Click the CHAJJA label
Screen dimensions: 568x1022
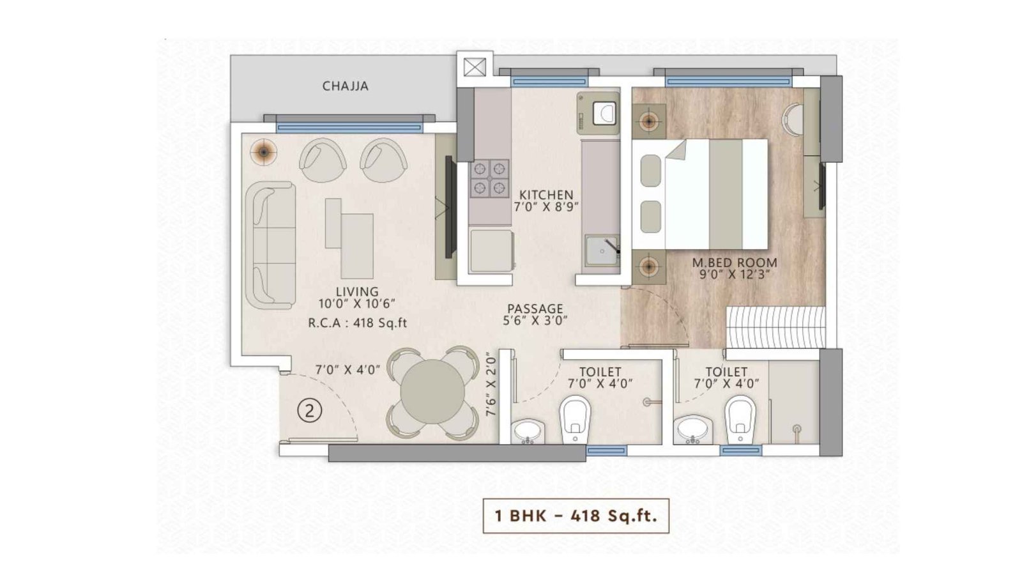click(345, 86)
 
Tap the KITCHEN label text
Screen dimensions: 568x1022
click(545, 194)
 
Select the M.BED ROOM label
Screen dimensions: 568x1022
click(735, 262)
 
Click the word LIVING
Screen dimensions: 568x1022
click(357, 291)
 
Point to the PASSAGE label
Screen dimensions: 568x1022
click(535, 309)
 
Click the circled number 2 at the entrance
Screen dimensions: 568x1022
click(310, 411)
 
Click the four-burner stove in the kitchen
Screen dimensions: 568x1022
click(490, 178)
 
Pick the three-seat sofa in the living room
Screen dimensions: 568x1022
click(270, 245)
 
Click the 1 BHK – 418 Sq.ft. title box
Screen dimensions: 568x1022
click(576, 516)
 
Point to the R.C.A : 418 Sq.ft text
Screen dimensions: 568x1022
click(357, 323)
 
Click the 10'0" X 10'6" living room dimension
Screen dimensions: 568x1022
click(357, 304)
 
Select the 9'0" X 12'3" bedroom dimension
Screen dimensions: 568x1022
click(735, 274)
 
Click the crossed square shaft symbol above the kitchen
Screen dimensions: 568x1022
click(474, 66)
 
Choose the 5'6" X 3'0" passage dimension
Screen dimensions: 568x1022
click(535, 321)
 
